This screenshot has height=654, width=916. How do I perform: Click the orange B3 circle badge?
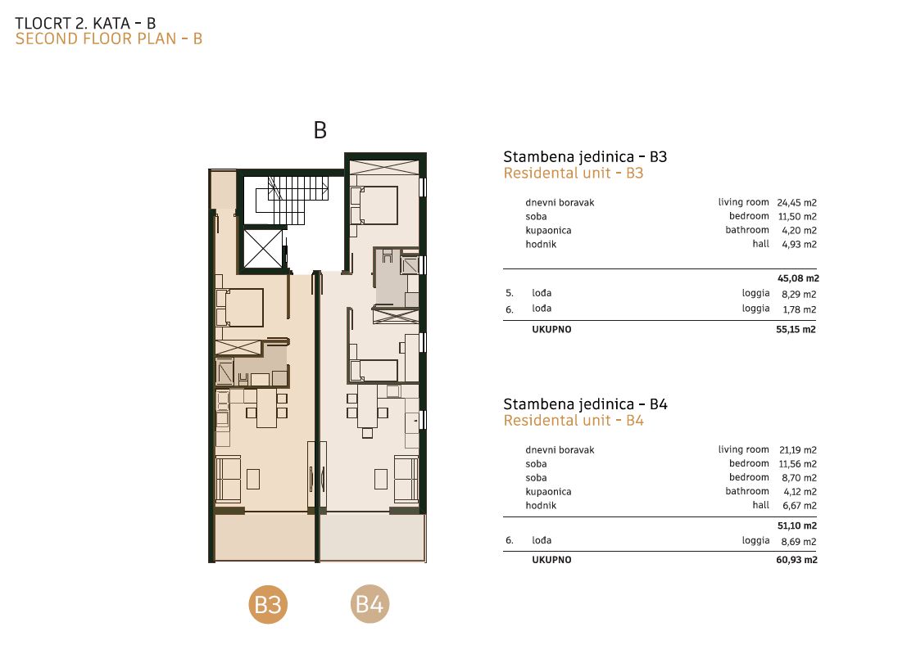[268, 604]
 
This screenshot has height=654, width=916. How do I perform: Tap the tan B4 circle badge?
[370, 604]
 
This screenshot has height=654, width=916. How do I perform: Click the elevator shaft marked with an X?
[262, 249]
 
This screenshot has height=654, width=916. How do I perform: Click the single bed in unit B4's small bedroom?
[374, 371]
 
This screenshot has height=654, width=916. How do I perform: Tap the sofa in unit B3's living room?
[229, 480]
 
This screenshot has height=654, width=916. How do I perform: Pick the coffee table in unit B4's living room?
[381, 479]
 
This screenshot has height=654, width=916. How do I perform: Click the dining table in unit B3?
[267, 408]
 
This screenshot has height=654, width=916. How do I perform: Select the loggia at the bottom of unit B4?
[372, 537]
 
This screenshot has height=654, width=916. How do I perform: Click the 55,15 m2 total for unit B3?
[796, 330]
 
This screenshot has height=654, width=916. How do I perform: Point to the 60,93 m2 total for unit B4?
[797, 560]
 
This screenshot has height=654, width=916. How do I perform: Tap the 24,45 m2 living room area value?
[797, 203]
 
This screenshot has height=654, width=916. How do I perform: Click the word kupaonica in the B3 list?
[549, 231]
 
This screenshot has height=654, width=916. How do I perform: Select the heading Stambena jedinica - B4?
[585, 404]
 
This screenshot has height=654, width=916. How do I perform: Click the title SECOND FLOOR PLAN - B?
[109, 39]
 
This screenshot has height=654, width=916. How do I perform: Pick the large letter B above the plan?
[320, 130]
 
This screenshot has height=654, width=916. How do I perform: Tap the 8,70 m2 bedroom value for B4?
[799, 478]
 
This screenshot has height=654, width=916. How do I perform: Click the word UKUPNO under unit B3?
[551, 330]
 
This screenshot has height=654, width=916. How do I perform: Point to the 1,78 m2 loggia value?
[800, 309]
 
